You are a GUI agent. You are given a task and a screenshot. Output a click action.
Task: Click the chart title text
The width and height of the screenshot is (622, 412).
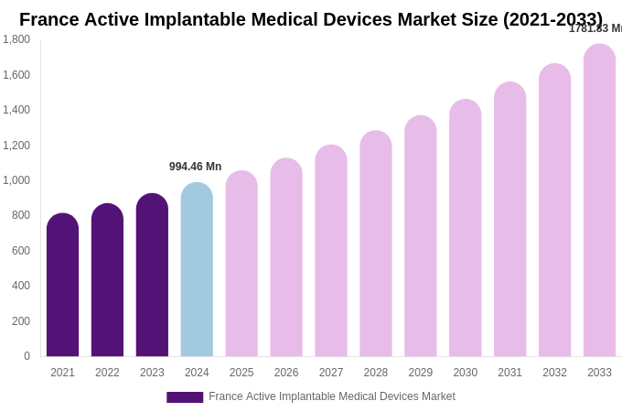pyautogui.click(x=311, y=19)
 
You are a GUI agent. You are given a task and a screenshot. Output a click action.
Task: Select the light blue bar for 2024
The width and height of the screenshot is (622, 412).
pyautogui.click(x=197, y=270)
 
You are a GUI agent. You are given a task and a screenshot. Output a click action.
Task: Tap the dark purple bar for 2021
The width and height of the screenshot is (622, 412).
pyautogui.click(x=62, y=286)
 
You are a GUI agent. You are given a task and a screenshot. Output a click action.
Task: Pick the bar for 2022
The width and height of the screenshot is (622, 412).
pyautogui.click(x=107, y=280)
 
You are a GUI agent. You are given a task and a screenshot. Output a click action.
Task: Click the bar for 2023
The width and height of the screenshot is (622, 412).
pyautogui.click(x=152, y=275)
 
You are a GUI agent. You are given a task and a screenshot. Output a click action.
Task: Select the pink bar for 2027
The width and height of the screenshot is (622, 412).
pyautogui.click(x=331, y=251)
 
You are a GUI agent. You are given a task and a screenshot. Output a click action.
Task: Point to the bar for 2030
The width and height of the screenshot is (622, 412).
pyautogui.click(x=465, y=228)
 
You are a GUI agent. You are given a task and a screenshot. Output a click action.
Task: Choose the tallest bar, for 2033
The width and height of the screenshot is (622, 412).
pyautogui.click(x=599, y=201)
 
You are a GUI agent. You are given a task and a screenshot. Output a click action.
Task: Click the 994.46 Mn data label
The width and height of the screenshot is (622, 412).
pyautogui.click(x=195, y=167)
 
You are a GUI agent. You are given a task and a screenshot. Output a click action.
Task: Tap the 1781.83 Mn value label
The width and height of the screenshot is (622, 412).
pyautogui.click(x=595, y=28)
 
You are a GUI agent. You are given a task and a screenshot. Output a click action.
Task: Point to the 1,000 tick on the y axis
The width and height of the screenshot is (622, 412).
pyautogui.click(x=16, y=180)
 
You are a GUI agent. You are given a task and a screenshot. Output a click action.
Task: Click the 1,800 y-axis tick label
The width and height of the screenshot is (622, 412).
pyautogui.click(x=16, y=39)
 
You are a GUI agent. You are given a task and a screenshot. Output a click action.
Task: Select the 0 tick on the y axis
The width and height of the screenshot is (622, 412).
pyautogui.click(x=27, y=356)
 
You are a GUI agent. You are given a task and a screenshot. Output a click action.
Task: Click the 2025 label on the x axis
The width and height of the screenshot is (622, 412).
pyautogui.click(x=241, y=373)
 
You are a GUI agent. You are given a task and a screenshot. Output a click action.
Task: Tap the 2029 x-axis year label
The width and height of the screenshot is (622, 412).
pyautogui.click(x=421, y=373)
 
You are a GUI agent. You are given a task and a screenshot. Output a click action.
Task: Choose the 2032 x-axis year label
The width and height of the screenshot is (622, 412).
pyautogui.click(x=554, y=373)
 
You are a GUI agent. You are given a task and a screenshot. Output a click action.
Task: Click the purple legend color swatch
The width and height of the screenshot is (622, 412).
pyautogui.click(x=185, y=397)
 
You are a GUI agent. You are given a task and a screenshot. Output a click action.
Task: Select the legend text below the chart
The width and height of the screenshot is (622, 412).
pyautogui.click(x=331, y=396)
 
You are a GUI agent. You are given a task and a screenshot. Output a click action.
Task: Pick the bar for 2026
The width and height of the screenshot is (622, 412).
pyautogui.click(x=286, y=257)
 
